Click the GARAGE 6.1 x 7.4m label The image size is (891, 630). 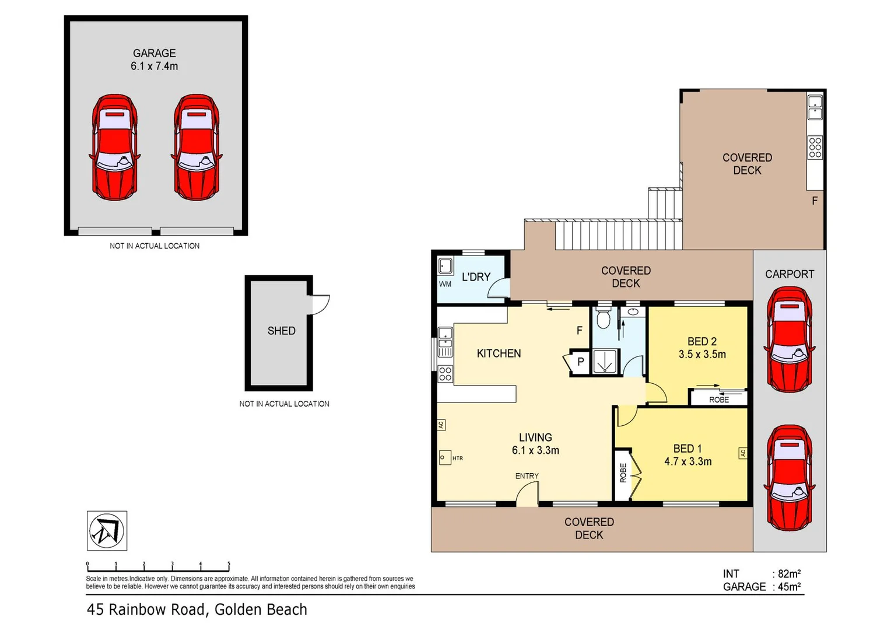pyautogui.click(x=154, y=60)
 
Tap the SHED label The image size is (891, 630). pyautogui.click(x=281, y=331)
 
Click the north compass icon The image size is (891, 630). pyautogui.click(x=107, y=531)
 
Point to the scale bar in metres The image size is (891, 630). pyautogui.click(x=158, y=567)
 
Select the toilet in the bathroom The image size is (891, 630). pyautogui.click(x=604, y=319)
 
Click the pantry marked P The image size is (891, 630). pyautogui.click(x=580, y=362)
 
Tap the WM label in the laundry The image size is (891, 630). pyautogui.click(x=445, y=284)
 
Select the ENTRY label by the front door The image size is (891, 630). pyautogui.click(x=527, y=476)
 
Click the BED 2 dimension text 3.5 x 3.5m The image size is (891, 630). pyautogui.click(x=701, y=354)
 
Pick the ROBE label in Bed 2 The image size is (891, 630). pyautogui.click(x=718, y=400)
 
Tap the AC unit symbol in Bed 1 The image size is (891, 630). pyautogui.click(x=742, y=453)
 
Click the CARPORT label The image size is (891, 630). pyautogui.click(x=789, y=274)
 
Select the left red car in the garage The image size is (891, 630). pyautogui.click(x=115, y=148)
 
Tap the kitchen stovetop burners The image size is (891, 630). pyautogui.click(x=445, y=374)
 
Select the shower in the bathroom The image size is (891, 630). pyautogui.click(x=605, y=362)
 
